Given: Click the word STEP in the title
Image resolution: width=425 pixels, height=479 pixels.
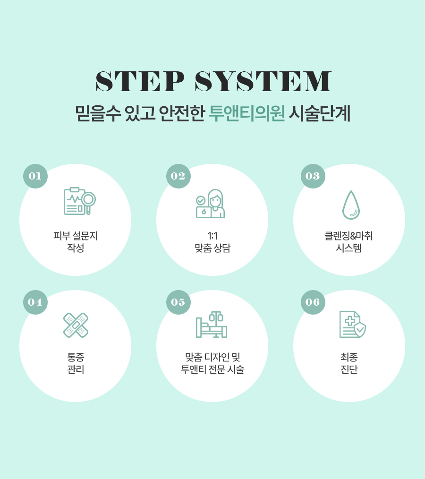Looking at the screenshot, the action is click(140, 81).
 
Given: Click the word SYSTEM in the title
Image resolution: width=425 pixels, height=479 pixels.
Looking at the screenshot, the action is click(263, 81).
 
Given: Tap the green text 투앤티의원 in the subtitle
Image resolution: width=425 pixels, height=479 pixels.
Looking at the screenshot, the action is click(246, 113).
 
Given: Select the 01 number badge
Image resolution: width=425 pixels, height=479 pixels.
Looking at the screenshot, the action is click(35, 176).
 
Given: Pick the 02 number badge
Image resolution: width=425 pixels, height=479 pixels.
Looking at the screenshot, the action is click(178, 176).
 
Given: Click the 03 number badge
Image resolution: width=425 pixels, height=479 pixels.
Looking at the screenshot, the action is click(313, 176).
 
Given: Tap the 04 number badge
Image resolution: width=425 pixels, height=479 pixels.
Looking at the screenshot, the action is click(35, 302).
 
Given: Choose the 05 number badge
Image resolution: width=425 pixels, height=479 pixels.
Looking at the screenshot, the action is click(178, 302).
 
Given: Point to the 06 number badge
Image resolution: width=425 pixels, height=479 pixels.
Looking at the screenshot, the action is click(313, 302).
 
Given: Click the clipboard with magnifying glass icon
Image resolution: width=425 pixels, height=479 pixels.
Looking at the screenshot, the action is click(79, 201).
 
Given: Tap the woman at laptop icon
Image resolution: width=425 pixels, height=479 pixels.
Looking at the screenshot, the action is click(210, 204).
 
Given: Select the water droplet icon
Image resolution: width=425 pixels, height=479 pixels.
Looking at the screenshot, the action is click(351, 205).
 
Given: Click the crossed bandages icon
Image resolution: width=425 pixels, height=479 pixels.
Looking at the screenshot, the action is click(76, 325).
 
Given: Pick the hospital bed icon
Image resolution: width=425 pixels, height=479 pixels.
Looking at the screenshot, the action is click(211, 325).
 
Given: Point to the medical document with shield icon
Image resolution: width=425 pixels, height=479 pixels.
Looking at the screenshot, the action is click(353, 325).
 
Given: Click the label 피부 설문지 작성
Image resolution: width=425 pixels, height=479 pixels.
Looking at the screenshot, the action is click(76, 242).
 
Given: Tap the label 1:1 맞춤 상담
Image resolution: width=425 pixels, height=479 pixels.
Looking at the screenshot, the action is click(212, 242).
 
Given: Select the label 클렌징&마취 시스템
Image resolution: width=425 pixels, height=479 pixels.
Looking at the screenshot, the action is click(348, 242).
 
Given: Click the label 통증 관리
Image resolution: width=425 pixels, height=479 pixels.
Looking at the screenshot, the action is click(76, 363).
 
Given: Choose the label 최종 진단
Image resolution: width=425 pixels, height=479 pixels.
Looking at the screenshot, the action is click(349, 363).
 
